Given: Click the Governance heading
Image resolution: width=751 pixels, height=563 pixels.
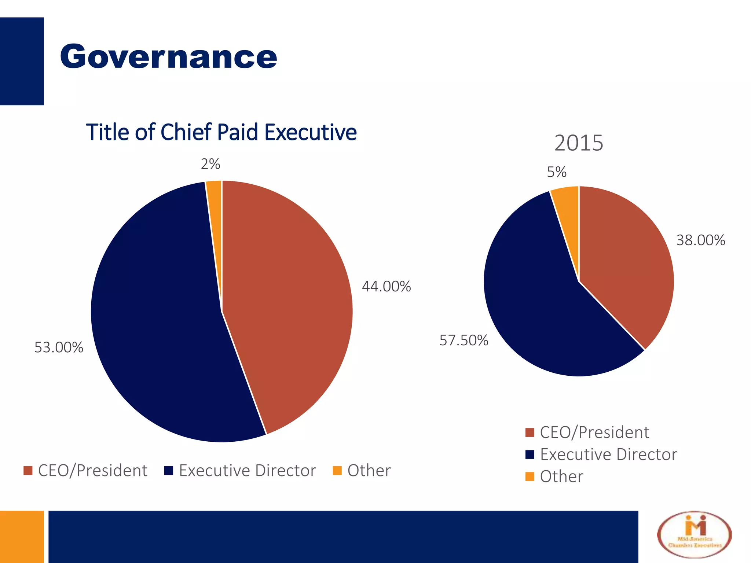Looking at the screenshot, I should [x=168, y=57].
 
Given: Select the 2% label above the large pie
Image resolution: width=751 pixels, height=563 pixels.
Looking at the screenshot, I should [x=210, y=164].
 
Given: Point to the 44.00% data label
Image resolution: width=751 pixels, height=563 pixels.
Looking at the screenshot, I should [x=386, y=286].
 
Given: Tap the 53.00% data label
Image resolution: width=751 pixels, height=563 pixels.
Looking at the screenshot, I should [x=59, y=347].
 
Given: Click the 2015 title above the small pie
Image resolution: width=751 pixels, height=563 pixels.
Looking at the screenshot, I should [x=578, y=143].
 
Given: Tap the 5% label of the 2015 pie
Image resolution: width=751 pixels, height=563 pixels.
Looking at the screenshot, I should [x=557, y=172].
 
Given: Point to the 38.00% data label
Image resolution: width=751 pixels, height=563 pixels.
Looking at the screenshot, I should [x=700, y=240].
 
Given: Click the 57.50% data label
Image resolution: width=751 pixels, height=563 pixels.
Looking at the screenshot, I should [x=464, y=341].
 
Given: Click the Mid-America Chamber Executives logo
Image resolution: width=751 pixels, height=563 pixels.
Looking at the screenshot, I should [x=694, y=535].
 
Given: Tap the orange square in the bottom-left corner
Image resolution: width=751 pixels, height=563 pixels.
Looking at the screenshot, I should [x=22, y=537].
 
